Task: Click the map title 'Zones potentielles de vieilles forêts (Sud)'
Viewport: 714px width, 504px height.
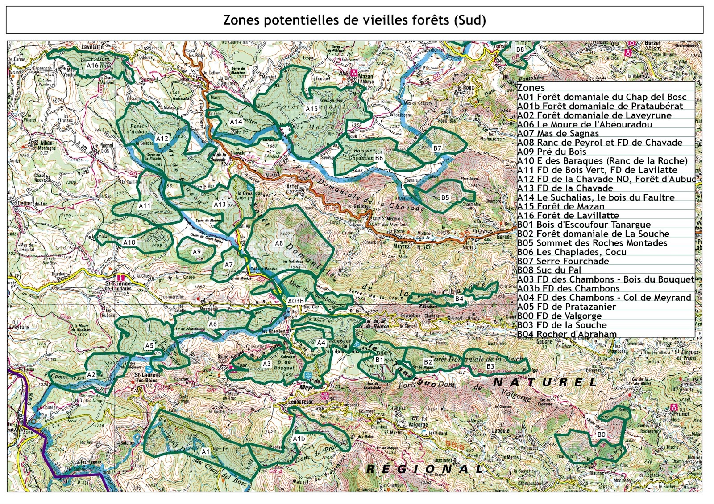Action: pyautogui.click(x=354, y=20)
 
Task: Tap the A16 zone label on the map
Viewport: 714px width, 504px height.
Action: pyautogui.click(x=92, y=65)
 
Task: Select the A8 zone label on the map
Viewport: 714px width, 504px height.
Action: pyautogui.click(x=279, y=243)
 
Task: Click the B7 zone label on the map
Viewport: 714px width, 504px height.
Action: pyautogui.click(x=437, y=148)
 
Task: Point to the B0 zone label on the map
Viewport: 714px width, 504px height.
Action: pyautogui.click(x=601, y=434)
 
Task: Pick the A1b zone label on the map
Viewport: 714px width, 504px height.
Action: pyautogui.click(x=299, y=438)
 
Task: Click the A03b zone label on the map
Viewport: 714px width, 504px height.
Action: pyautogui.click(x=295, y=301)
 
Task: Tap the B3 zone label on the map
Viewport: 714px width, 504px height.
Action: pyautogui.click(x=490, y=366)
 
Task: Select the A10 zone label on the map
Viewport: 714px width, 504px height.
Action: pyautogui.click(x=129, y=242)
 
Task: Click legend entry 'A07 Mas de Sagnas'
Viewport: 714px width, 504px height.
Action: pyautogui.click(x=558, y=133)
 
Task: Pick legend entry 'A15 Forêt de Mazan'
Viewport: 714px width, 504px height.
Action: pyautogui.click(x=560, y=206)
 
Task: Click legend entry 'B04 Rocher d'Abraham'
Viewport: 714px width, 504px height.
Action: pyautogui.click(x=567, y=334)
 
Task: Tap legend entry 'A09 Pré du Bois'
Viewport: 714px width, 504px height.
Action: pyautogui.click(x=552, y=152)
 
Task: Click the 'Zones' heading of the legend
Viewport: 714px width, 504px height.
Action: pyautogui.click(x=531, y=88)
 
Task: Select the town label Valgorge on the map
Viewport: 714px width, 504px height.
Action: pyautogui.click(x=418, y=425)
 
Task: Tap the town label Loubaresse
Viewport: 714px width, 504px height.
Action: pyautogui.click(x=301, y=402)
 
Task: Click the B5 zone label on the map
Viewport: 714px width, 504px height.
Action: pyautogui.click(x=445, y=197)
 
